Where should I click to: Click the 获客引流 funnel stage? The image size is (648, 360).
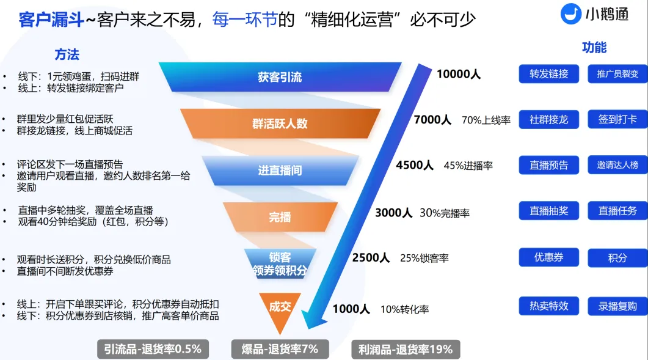click(280, 77)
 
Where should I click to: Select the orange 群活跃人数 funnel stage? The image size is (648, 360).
click(280, 123)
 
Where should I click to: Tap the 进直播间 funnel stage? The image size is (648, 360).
click(280, 170)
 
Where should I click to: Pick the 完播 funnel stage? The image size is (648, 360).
click(280, 217)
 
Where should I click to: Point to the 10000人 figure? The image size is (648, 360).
click(458, 74)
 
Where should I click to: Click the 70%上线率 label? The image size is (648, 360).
click(486, 120)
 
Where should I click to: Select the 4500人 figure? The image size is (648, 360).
click(415, 165)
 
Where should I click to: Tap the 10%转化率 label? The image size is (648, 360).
click(404, 309)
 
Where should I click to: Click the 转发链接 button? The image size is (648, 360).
click(549, 74)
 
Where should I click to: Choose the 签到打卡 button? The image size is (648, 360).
click(617, 120)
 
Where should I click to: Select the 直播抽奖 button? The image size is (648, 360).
click(549, 211)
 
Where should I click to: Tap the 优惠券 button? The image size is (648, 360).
click(549, 257)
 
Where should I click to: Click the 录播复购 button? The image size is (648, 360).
click(617, 306)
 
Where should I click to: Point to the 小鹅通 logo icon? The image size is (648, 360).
click(570, 13)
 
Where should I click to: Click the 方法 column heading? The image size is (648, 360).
click(67, 54)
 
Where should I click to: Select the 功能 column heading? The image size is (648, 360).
click(594, 47)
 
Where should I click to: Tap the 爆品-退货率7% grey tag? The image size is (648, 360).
click(280, 349)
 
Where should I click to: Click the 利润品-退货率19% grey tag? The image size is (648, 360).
click(406, 350)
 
